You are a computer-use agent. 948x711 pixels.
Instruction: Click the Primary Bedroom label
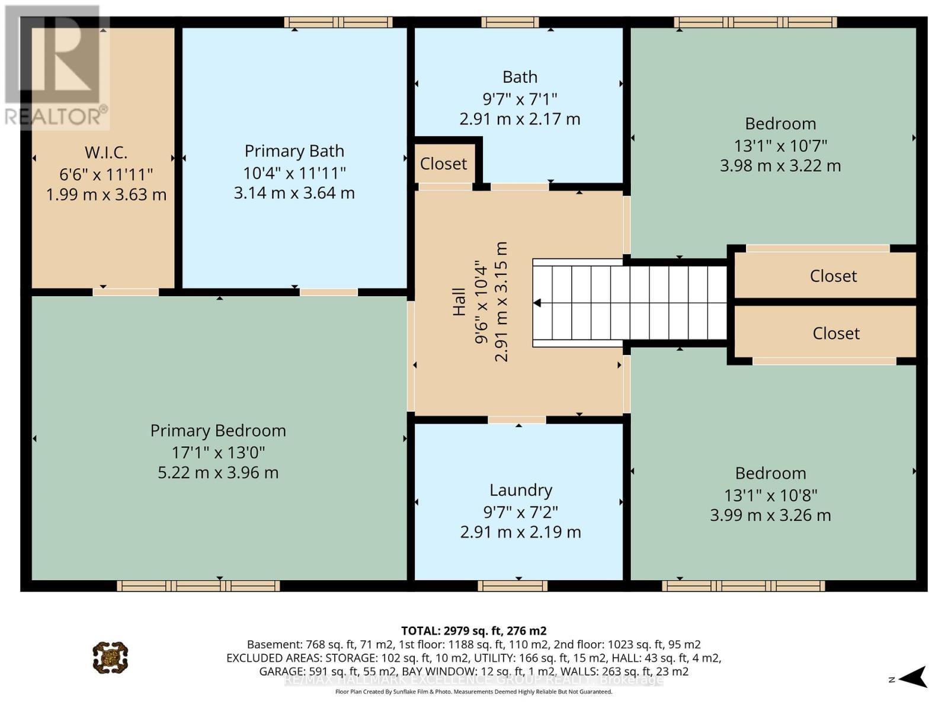click(218, 431)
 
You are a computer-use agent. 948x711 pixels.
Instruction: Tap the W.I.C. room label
click(106, 153)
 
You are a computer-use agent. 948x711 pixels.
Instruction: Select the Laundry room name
click(521, 491)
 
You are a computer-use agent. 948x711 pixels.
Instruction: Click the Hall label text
click(459, 302)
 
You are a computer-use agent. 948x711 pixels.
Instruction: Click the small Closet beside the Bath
click(443, 164)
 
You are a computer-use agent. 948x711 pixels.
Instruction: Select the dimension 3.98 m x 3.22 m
click(780, 166)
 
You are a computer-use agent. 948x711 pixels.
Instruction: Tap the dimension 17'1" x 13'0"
click(218, 453)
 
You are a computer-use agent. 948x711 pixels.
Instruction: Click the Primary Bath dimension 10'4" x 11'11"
click(294, 173)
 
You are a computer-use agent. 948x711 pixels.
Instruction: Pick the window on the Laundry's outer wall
click(513, 587)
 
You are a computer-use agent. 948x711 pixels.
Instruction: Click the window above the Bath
click(510, 23)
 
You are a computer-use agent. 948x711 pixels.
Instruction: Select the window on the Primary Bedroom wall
click(198, 587)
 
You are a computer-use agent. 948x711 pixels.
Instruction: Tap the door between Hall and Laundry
click(517, 419)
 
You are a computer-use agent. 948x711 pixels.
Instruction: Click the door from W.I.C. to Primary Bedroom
click(126, 292)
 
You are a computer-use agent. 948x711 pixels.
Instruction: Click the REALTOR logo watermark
click(56, 68)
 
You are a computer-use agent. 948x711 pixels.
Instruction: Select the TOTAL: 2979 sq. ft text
click(473, 630)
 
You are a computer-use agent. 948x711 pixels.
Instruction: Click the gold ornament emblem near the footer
click(110, 657)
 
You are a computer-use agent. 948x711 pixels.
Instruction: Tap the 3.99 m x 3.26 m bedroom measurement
click(770, 515)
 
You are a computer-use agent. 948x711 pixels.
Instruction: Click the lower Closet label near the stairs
click(835, 334)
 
